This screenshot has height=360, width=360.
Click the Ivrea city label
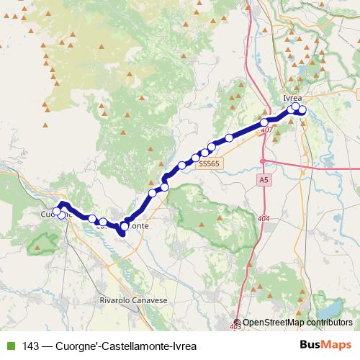[292, 98]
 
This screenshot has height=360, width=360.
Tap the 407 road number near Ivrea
[268, 130]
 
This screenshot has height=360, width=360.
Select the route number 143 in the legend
[30, 346]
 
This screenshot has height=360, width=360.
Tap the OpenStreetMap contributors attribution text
[297, 323]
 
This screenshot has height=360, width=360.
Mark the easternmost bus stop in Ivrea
[302, 110]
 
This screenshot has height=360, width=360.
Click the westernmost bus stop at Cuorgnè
[57, 212]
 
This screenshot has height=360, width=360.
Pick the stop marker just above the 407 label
[265, 122]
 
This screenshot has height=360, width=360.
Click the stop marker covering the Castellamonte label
[125, 227]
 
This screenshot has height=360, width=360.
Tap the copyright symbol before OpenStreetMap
[238, 323]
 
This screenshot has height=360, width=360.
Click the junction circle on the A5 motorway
[263, 159]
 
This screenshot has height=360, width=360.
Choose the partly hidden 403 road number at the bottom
[236, 328]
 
